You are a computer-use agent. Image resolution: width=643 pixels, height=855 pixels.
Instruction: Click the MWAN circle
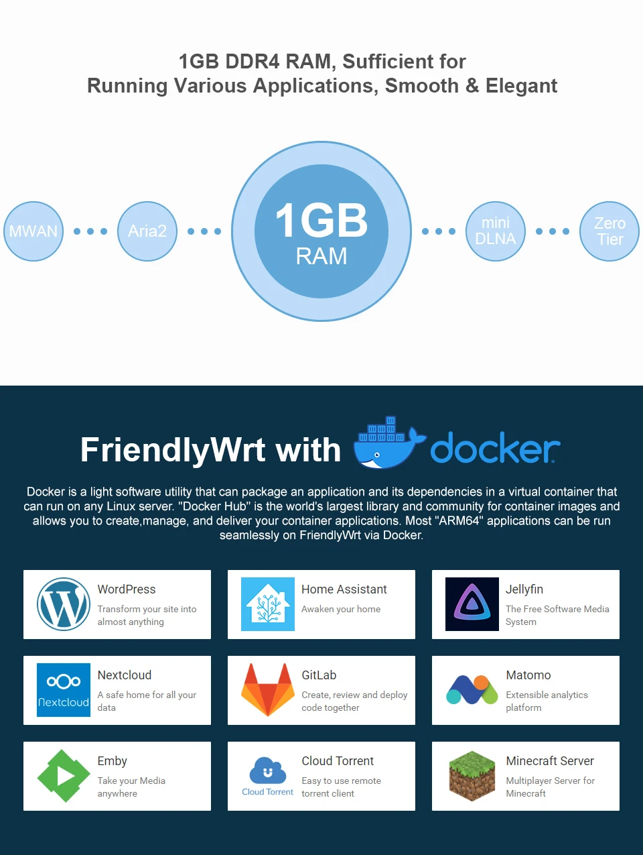[x=33, y=231]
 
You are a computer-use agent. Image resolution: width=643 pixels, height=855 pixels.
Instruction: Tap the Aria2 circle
[x=147, y=231]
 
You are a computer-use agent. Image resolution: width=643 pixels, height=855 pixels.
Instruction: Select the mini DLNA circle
[x=496, y=231]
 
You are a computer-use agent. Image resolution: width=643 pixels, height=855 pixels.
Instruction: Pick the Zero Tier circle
[x=610, y=231]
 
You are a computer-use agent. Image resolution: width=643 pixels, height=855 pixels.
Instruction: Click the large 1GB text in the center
[x=321, y=221]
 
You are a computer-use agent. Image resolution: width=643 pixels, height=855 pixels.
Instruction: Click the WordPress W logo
[x=64, y=604]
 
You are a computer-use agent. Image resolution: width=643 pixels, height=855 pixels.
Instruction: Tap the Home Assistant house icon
[x=268, y=604]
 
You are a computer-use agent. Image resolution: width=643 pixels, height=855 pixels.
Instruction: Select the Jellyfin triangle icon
[x=472, y=604]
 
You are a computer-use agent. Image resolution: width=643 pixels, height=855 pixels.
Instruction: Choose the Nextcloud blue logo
[x=64, y=690]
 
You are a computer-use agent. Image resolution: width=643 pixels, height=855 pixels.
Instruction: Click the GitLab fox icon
[x=268, y=690]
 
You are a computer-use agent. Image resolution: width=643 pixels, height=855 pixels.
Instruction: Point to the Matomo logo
[x=472, y=690]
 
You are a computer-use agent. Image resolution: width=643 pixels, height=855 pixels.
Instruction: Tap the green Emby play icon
[x=64, y=776]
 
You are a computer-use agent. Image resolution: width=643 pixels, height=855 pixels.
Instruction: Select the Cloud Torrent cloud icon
[x=268, y=771]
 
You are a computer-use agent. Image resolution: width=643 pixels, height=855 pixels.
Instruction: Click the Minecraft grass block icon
[x=472, y=776]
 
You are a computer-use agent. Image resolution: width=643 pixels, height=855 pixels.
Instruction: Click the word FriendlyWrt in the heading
[x=173, y=450]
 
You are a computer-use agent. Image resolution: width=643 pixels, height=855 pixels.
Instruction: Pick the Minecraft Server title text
[x=550, y=761]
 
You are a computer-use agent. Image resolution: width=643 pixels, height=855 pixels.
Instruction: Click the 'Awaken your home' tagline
[x=341, y=609]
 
